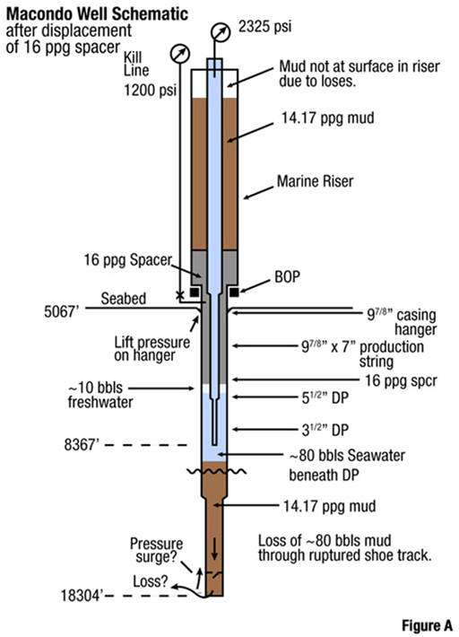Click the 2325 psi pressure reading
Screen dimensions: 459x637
point(264,27)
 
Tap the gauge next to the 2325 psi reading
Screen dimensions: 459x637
point(221,33)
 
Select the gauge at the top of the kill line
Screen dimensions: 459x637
point(180,54)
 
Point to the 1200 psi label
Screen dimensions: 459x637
point(150,90)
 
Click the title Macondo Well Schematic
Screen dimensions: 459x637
point(97,13)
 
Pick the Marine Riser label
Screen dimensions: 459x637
point(315,181)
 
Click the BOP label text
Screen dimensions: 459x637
point(288,277)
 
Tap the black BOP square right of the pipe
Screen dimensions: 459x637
point(234,292)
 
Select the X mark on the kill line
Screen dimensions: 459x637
point(179,295)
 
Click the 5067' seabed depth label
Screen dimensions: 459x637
point(61,312)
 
